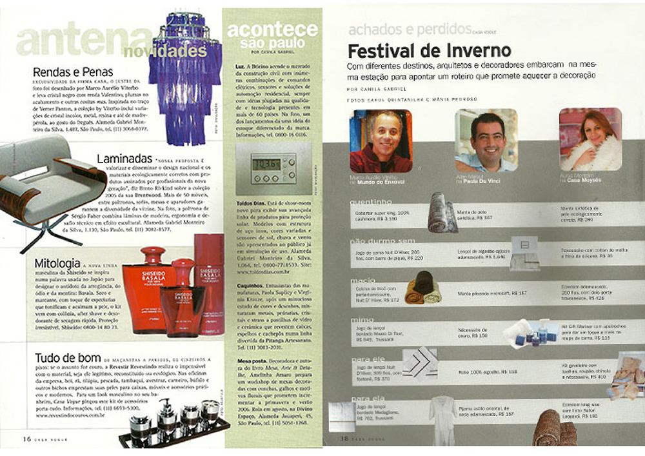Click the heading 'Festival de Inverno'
[x=429, y=50]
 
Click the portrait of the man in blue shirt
[x=485, y=141]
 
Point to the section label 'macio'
[x=359, y=281]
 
